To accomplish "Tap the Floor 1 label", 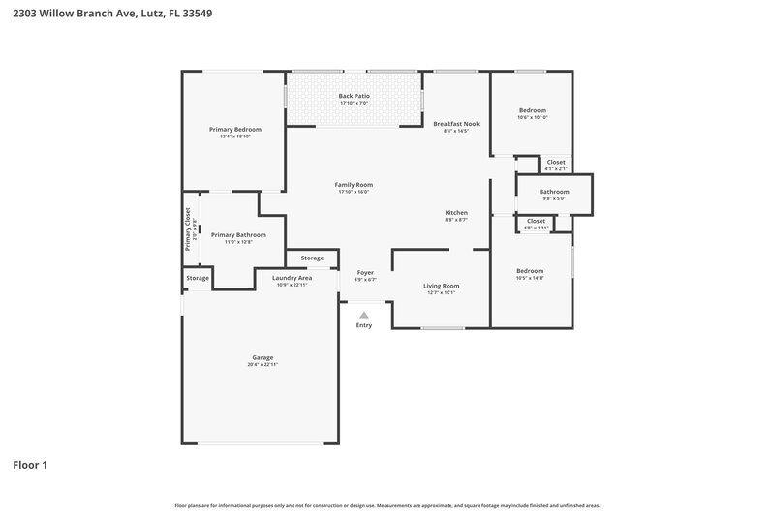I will (x=30, y=465).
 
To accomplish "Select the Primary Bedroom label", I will (x=235, y=129).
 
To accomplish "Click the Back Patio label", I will (x=354, y=96).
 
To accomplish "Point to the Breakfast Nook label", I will (x=456, y=123).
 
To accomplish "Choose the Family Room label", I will (x=354, y=184).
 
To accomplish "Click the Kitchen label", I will (x=456, y=212).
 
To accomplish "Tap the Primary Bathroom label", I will (x=238, y=234).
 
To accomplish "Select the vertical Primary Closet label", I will (x=188, y=229).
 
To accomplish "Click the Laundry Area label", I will (x=293, y=278).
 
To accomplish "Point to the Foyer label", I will (x=365, y=272).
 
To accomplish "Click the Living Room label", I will (x=442, y=285).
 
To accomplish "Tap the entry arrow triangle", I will (x=364, y=314).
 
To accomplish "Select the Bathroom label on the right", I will (x=554, y=192).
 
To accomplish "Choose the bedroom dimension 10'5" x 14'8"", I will (x=530, y=279).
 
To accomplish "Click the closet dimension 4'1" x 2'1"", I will (x=556, y=169).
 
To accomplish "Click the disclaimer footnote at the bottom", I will (x=387, y=505).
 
